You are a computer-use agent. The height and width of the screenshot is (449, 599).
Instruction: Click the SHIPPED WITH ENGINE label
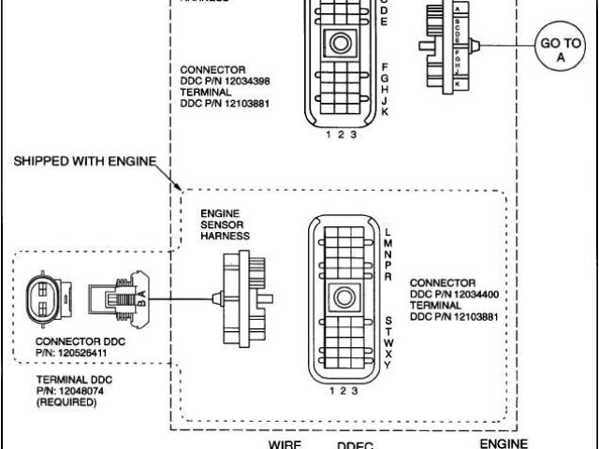point(83,161)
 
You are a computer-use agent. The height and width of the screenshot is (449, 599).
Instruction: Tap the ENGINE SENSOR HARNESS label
point(226,225)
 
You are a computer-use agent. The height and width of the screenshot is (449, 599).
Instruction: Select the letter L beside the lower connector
point(387,230)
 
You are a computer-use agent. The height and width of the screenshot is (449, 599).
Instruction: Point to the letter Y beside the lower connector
point(387,365)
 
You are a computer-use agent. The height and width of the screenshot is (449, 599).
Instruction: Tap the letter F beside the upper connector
point(385,66)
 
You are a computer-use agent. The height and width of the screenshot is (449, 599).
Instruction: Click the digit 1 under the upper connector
point(329,135)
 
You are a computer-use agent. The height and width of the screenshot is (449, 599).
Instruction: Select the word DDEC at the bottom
point(355,445)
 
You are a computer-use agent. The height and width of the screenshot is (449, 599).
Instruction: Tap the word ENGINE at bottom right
point(504,443)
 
